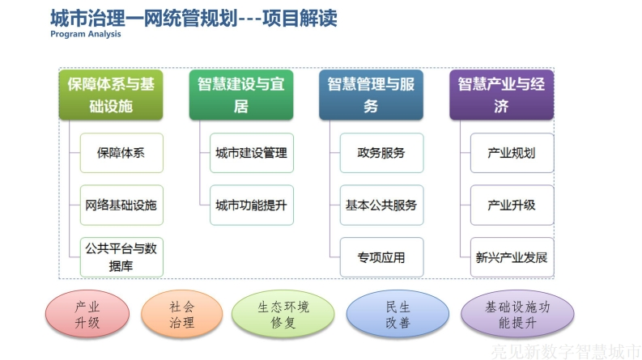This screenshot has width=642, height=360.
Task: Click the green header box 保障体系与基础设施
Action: click(111, 95)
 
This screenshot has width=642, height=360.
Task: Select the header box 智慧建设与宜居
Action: click(241, 95)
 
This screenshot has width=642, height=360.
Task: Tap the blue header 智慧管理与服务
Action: click(371, 95)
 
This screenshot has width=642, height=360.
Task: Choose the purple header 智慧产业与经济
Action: click(502, 95)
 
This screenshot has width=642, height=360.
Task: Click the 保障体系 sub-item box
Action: click(121, 153)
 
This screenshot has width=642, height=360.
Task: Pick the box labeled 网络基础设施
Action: click(121, 205)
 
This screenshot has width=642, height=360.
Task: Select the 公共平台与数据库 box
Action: click(121, 257)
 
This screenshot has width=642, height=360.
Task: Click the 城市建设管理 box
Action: click(252, 153)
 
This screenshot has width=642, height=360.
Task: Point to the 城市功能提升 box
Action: click(252, 205)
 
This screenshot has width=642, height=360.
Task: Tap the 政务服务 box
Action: click(381, 153)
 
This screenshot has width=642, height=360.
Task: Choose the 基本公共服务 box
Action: click(381, 205)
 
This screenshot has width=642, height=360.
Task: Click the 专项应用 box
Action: click(381, 257)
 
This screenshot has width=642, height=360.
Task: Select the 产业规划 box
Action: click(512, 153)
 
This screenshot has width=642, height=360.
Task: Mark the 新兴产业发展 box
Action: click(512, 257)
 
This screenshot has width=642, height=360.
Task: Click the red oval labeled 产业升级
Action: click(87, 314)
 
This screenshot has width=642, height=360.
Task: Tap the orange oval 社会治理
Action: click(182, 314)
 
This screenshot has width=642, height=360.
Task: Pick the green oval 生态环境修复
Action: click(283, 314)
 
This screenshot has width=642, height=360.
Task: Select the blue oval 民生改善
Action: click(398, 314)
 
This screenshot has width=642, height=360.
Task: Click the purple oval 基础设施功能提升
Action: click(517, 314)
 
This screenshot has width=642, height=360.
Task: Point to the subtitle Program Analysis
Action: click(86, 34)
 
